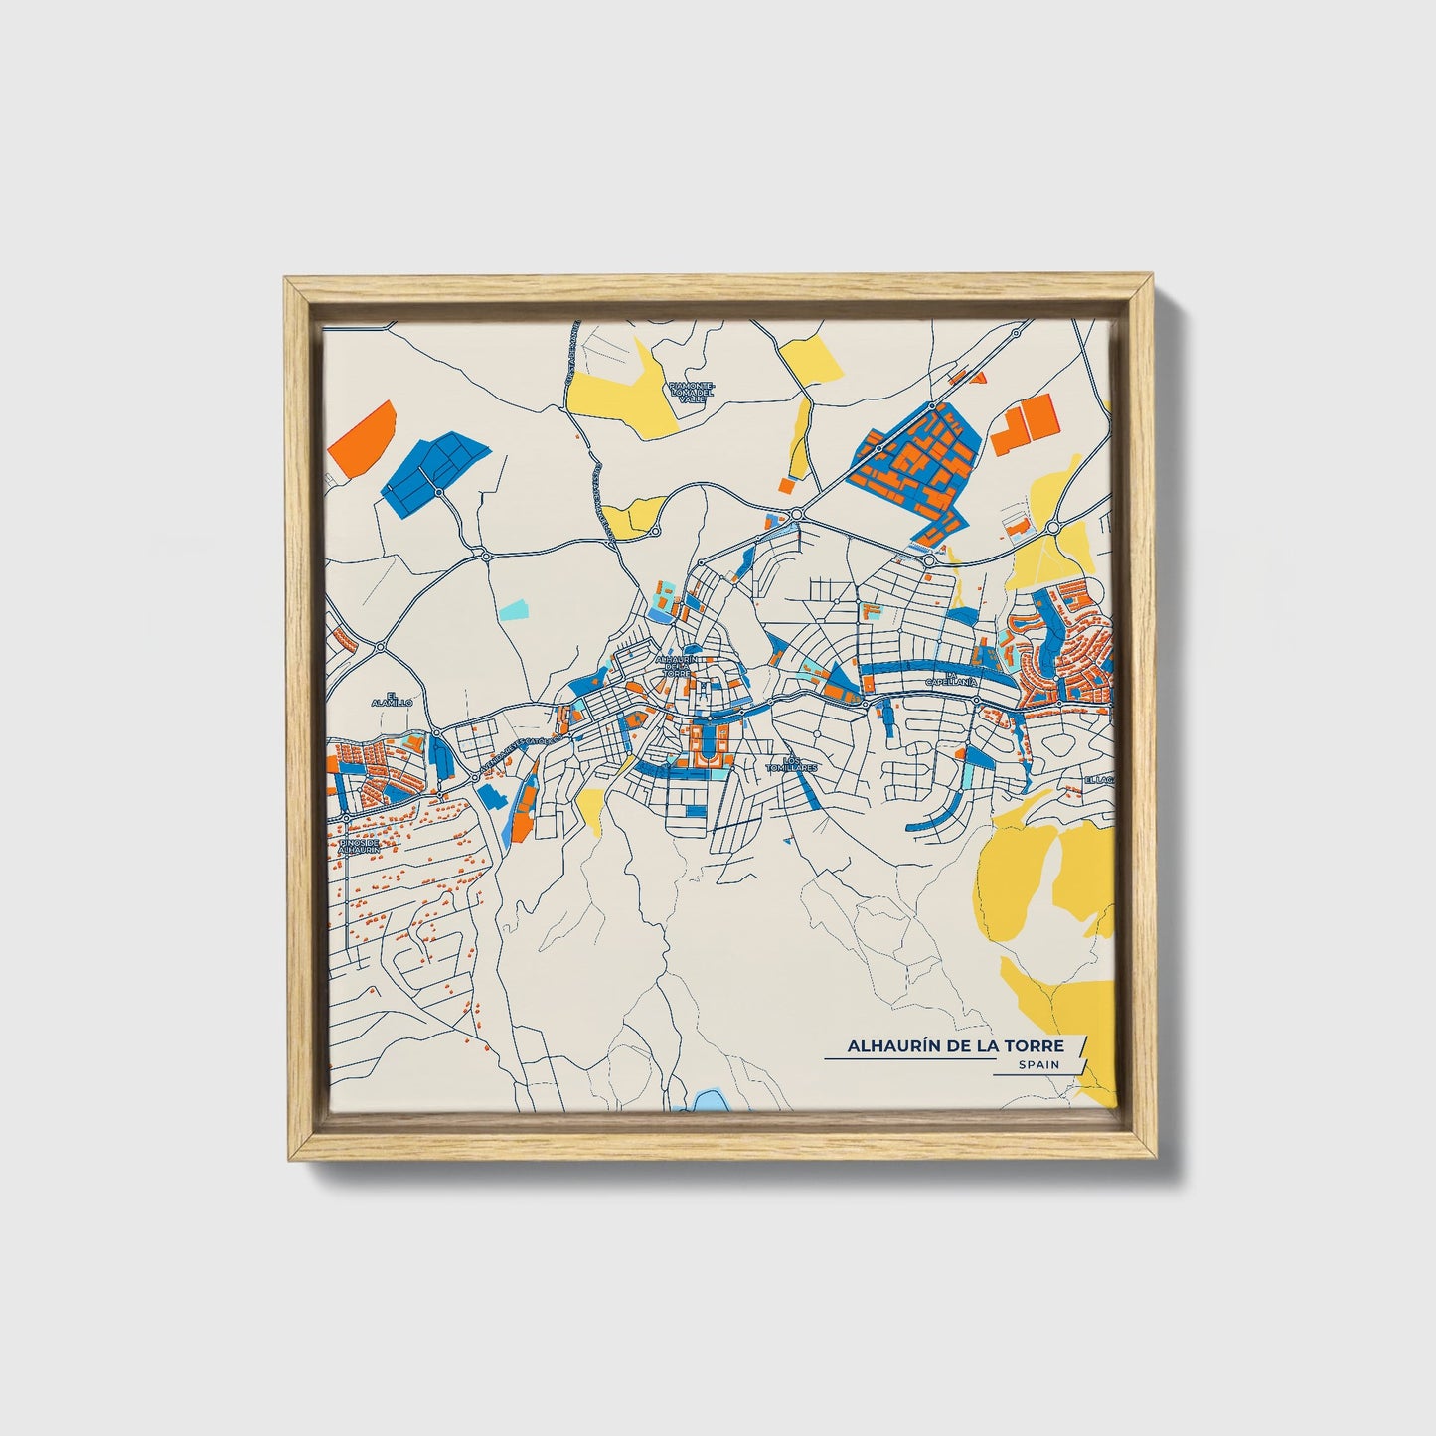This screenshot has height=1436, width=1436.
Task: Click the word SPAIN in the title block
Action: click(x=1037, y=1064)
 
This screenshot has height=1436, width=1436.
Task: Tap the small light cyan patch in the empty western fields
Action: click(x=513, y=607)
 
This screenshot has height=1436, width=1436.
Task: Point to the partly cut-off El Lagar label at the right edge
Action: click(x=1101, y=780)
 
